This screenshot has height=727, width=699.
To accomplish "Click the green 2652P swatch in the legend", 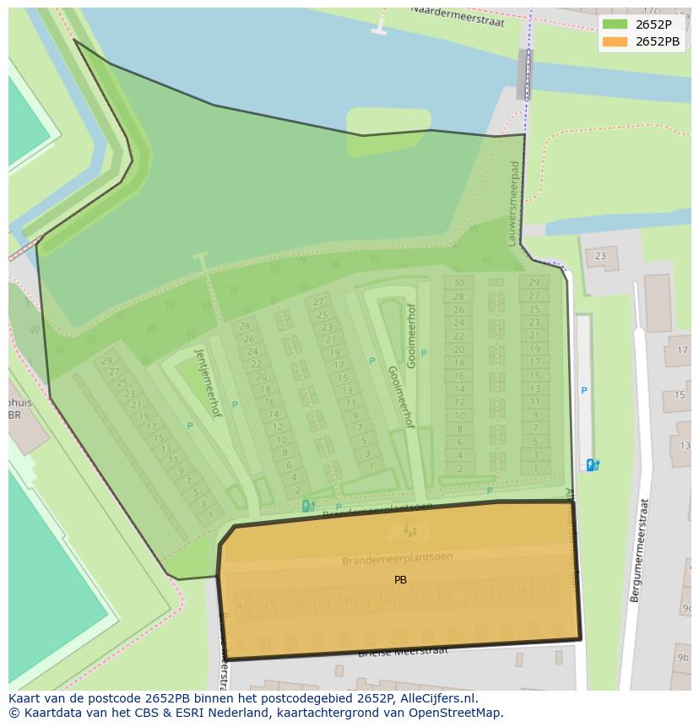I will point(615,24).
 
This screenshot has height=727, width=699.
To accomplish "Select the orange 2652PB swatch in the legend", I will point(615,41).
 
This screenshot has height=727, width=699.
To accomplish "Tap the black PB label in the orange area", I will point(400,580).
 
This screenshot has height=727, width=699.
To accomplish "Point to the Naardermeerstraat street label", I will point(458,16).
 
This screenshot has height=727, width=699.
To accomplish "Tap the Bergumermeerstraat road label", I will point(639,550).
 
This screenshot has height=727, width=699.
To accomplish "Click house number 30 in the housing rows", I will point(458,284).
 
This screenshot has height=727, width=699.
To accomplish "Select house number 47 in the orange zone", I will point(243,605).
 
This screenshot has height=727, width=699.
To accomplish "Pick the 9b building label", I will point(682,658).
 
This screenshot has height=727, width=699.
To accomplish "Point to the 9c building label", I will point(686,608).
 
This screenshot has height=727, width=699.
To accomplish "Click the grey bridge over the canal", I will point(525,74).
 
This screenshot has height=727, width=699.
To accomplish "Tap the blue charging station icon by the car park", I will point(593,464).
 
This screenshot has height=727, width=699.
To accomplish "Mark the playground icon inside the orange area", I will point(409,531).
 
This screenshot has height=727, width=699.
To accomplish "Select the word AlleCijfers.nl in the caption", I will point(438,698).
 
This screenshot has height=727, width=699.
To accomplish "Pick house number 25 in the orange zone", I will point(387,599).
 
